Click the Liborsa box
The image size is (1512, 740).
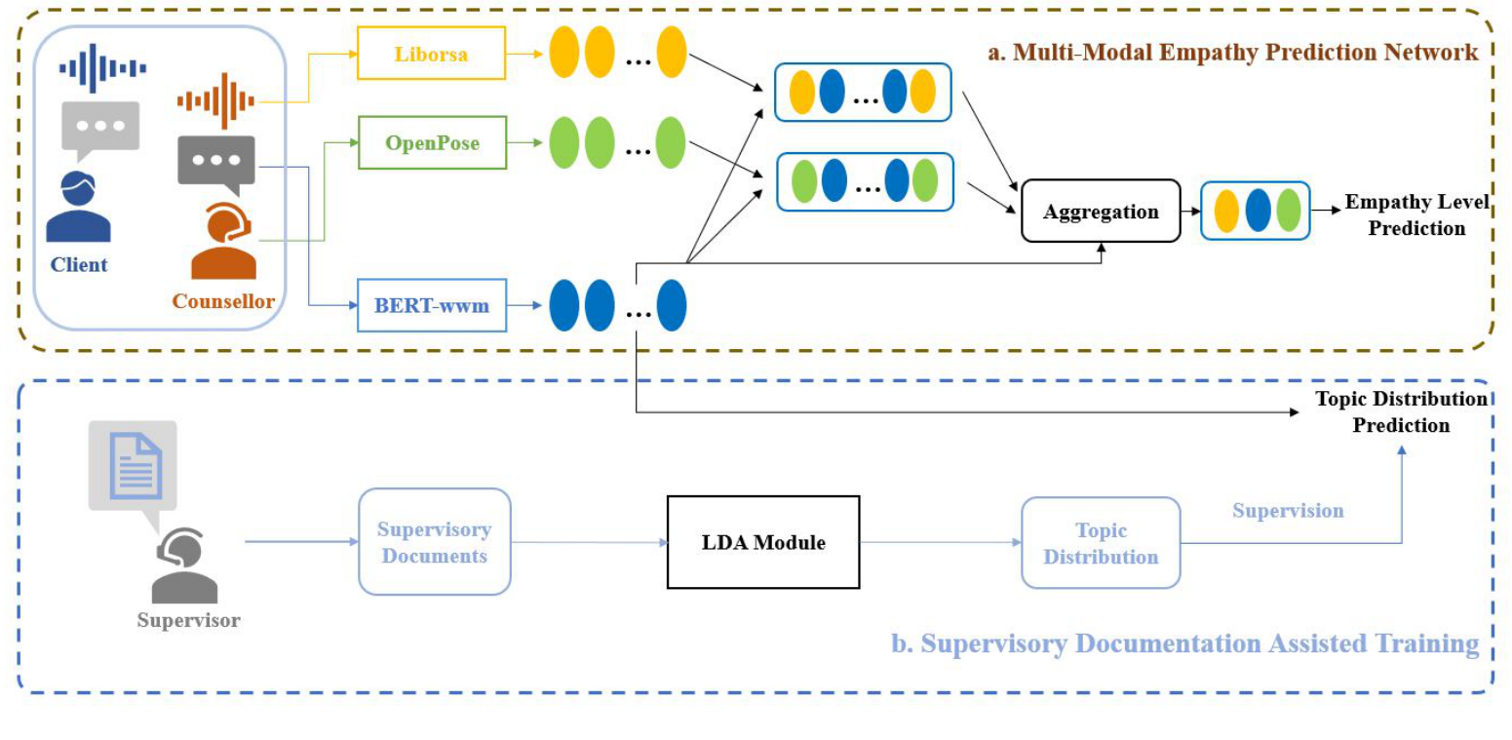(431, 54)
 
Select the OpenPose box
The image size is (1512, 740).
(432, 142)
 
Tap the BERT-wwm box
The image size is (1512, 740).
(432, 305)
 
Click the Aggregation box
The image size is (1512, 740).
(1101, 211)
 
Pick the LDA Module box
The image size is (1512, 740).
(763, 542)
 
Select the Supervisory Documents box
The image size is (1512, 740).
(435, 541)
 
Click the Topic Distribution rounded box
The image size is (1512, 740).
(1101, 543)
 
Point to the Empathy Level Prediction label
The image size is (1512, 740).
(1416, 214)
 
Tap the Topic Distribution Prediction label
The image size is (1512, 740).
(1401, 411)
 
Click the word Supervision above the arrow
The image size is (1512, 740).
(1288, 511)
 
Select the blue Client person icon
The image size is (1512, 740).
(78, 207)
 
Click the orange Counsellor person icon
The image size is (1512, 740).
(223, 241)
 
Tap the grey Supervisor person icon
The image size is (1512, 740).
(183, 565)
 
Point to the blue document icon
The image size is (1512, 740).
(136, 467)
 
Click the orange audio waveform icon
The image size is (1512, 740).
(216, 101)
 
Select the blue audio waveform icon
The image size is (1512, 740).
(102, 68)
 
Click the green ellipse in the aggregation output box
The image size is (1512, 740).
(1289, 211)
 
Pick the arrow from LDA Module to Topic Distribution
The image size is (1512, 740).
(941, 542)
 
